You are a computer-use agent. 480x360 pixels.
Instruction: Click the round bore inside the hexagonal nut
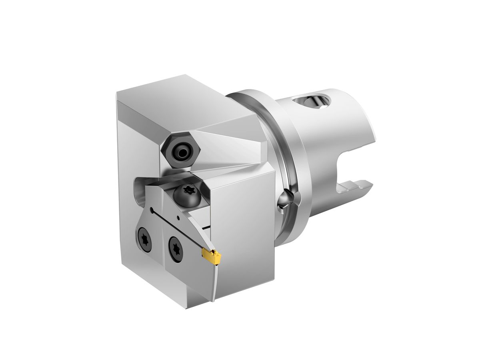[x=182, y=152]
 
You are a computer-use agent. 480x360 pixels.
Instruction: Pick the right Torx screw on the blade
[x=175, y=245]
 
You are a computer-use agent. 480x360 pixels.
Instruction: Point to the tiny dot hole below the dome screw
[x=178, y=218]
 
